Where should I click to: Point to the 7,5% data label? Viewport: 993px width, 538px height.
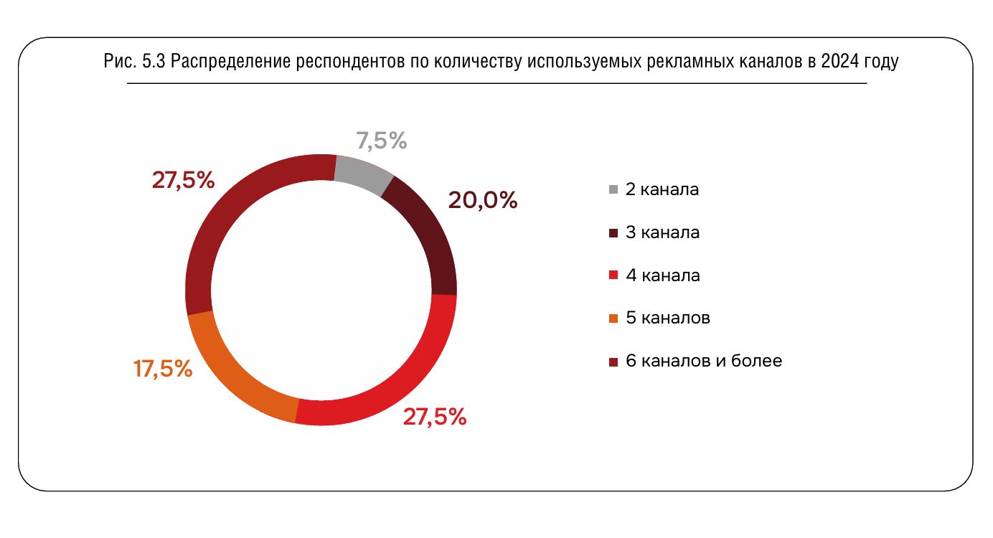(381, 141)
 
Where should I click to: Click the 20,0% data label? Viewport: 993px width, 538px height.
(482, 200)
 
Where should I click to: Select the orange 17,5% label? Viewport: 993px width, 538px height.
(163, 369)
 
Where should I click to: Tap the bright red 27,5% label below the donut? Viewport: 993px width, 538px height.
(435, 417)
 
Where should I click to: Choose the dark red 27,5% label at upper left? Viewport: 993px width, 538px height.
(183, 180)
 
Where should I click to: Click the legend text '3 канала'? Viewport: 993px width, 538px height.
(662, 232)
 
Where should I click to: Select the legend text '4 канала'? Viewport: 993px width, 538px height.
(662, 275)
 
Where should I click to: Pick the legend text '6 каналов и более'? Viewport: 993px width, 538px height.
(703, 361)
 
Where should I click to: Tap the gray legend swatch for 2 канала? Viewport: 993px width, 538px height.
(613, 190)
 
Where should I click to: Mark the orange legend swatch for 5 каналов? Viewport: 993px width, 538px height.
(613, 318)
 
